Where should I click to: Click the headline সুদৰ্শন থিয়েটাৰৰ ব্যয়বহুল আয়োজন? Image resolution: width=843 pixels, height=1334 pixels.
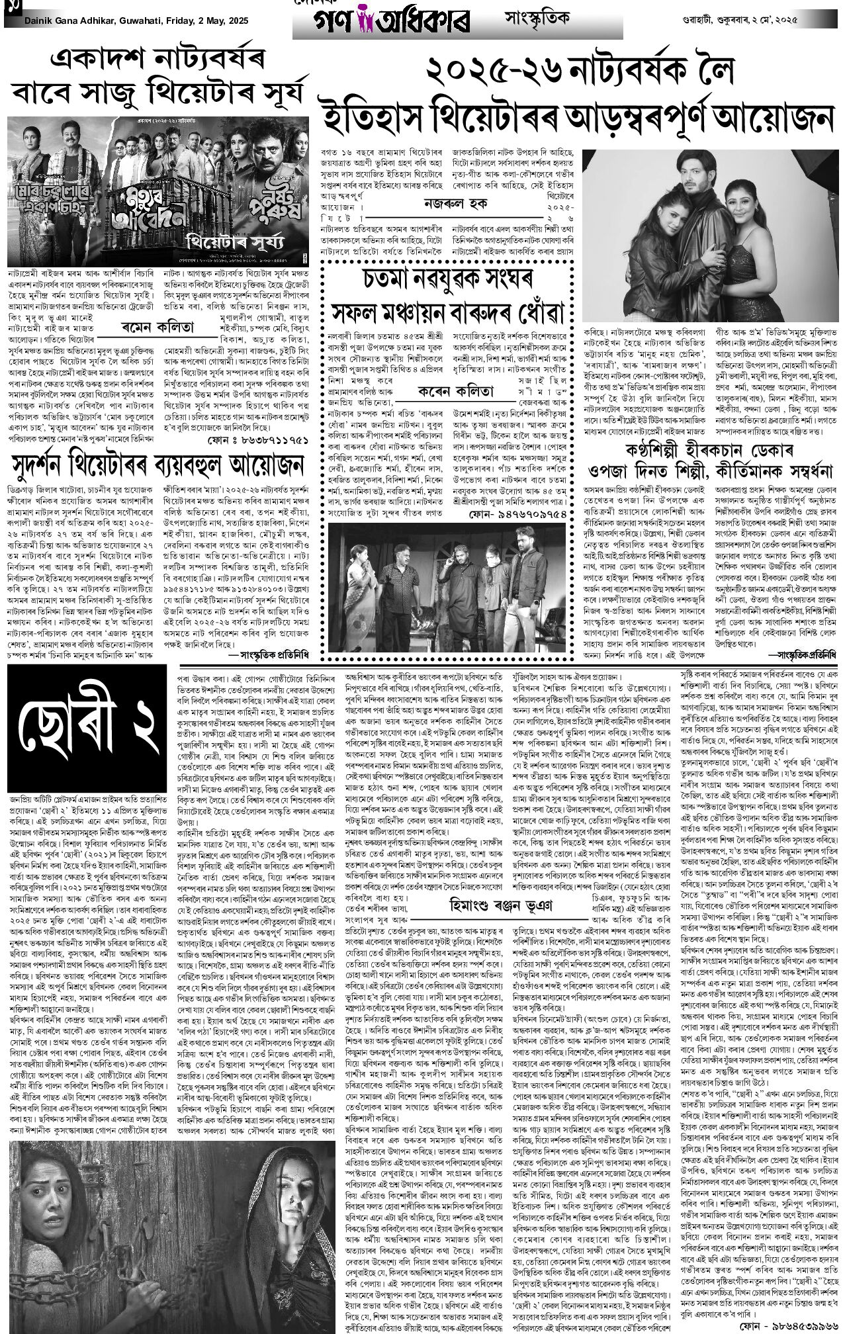pyautogui.click(x=157, y=467)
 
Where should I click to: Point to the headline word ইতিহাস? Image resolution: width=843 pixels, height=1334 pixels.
pyautogui.click(x=380, y=114)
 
